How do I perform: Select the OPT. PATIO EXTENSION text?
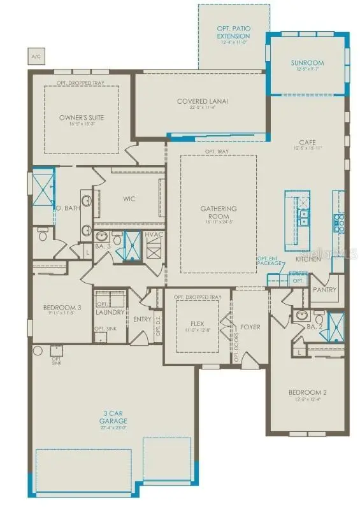tap(232, 32)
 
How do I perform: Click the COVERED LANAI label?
tap(202, 101)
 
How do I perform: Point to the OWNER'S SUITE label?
tap(81, 118)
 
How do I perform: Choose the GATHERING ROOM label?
tap(219, 212)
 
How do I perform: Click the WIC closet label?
tap(129, 198)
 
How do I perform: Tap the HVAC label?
tap(155, 235)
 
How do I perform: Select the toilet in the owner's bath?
tap(43, 236)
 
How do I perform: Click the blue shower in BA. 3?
tap(133, 244)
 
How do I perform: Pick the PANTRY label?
tap(324, 289)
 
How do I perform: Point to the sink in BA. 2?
tap(301, 315)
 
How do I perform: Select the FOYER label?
tap(250, 327)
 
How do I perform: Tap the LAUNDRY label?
tap(109, 312)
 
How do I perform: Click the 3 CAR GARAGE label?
tap(114, 417)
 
